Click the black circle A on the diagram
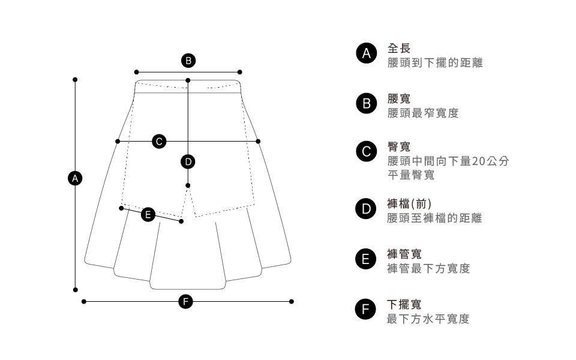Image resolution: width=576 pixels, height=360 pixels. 75,178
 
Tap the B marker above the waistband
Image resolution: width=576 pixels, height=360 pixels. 188,60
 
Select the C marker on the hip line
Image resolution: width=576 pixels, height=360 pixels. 158,141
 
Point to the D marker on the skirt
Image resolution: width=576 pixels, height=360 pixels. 188,161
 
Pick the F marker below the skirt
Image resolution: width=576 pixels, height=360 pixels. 187,301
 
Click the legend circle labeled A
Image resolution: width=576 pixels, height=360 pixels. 365,53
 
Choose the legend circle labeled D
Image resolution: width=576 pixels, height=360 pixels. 365,208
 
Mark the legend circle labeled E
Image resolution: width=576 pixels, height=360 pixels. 365,259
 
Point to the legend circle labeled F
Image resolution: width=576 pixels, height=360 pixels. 365,309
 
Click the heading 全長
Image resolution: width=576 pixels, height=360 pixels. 399,48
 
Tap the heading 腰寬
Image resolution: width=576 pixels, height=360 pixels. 399,98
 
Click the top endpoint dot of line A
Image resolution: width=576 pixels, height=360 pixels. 75,79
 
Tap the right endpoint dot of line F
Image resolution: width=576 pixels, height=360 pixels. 292,301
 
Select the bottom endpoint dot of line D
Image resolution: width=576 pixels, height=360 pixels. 188,185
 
